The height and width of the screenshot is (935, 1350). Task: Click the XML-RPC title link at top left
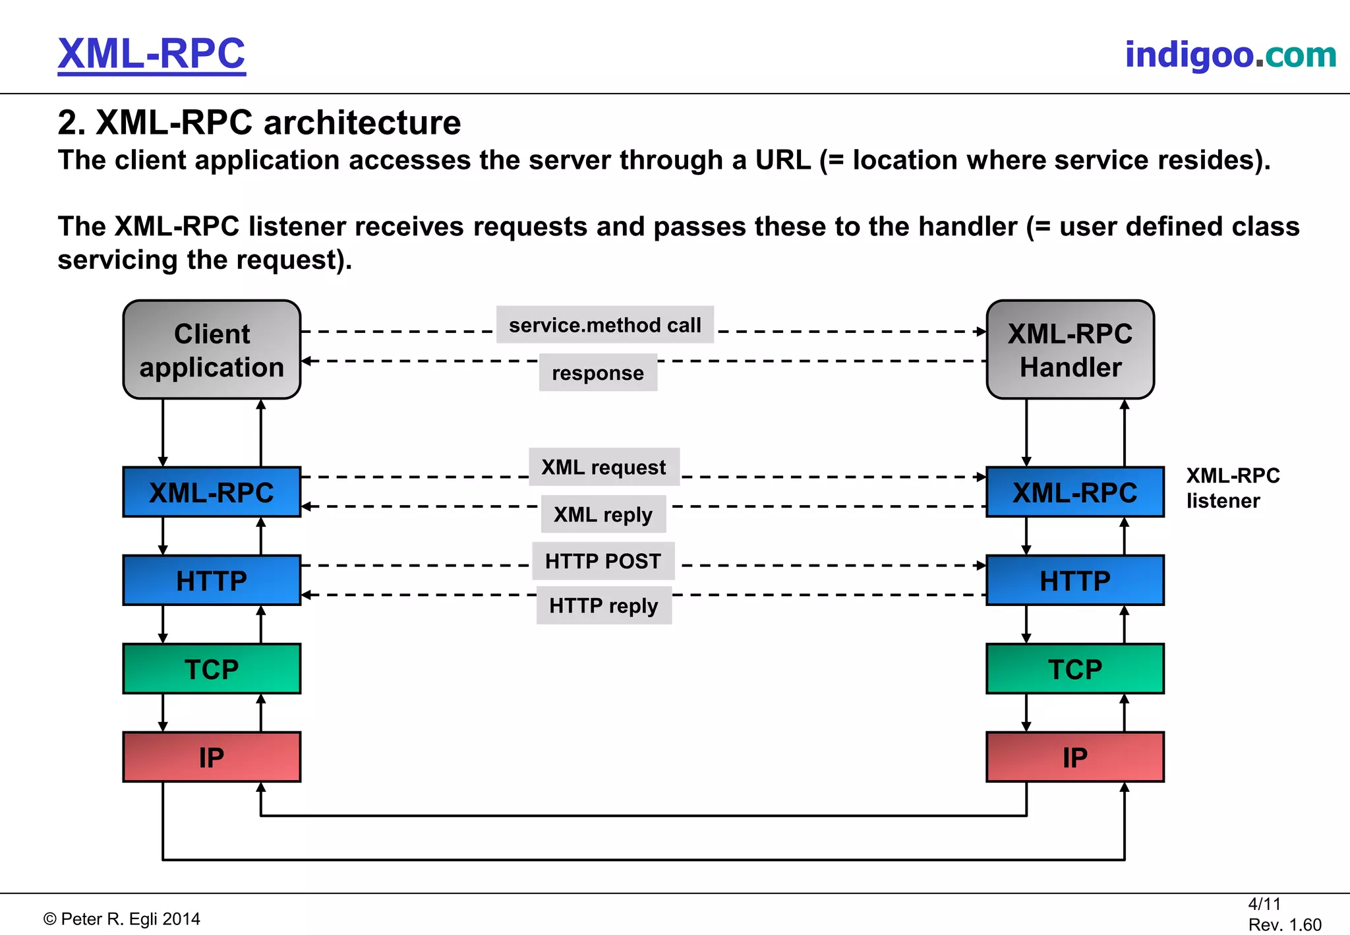(x=152, y=54)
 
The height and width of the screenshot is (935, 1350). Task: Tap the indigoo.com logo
(x=1230, y=55)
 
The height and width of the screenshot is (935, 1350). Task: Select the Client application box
(x=212, y=350)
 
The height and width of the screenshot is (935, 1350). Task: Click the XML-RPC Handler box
(x=1070, y=350)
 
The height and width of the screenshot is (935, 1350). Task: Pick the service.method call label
(x=604, y=325)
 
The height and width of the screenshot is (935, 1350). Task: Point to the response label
(x=598, y=373)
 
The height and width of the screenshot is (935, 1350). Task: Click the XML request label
(x=604, y=467)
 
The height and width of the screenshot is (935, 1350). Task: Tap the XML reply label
(x=603, y=514)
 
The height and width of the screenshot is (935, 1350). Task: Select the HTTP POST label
(x=603, y=561)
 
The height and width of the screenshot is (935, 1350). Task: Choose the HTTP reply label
(x=604, y=605)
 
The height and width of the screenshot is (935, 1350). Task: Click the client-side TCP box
(x=212, y=669)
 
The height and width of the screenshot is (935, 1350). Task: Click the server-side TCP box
(x=1075, y=669)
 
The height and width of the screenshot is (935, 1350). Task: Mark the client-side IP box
(x=212, y=758)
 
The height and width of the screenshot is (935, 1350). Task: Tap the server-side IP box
(x=1075, y=758)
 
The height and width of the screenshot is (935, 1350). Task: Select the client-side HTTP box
(x=212, y=581)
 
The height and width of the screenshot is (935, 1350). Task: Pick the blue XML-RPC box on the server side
(x=1075, y=493)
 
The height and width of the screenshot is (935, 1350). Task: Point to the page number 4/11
(x=1264, y=904)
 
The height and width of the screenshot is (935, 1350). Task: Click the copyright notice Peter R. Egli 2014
(x=122, y=919)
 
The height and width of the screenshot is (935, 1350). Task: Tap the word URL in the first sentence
(x=782, y=160)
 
